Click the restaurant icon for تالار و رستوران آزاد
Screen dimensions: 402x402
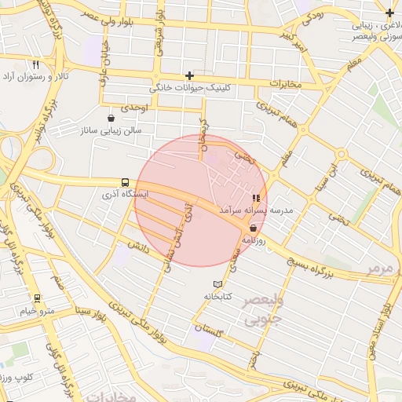(36, 65)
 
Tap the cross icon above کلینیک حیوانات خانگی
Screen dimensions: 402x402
(189, 75)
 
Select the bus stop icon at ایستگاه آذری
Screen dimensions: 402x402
(126, 181)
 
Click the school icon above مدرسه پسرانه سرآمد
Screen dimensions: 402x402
(256, 198)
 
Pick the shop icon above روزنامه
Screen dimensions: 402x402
(253, 228)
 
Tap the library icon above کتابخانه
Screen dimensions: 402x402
(218, 283)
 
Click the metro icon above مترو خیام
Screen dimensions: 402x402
(36, 299)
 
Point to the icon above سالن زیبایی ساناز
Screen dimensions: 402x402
(112, 118)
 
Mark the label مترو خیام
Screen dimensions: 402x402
(37, 312)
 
